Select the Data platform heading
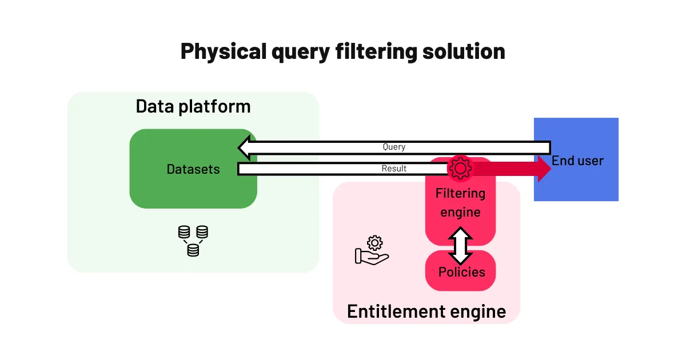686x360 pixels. pos(193,106)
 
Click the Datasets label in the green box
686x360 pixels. pos(193,169)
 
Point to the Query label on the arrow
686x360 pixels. pos(394,147)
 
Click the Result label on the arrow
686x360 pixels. pos(394,169)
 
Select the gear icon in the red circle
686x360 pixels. pos(460,169)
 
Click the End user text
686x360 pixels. pos(577,161)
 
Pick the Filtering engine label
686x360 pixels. pos(460,203)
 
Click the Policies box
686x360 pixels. pos(461,271)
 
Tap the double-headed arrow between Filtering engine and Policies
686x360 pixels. pos(461,246)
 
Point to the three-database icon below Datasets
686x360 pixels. pos(193,241)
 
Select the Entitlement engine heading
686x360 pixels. pos(426,311)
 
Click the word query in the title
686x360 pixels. pos(297,51)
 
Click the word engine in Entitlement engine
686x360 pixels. pos(477,311)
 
